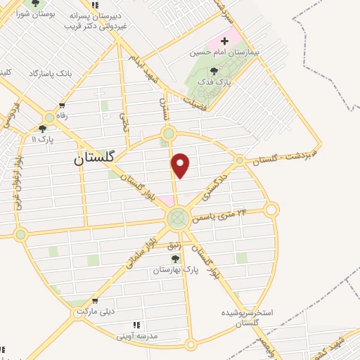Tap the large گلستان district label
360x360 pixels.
coord(97,159)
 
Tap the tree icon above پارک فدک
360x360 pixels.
coord(214,70)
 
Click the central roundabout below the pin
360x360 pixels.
coord(177,218)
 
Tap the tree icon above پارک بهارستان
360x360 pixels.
coord(175,259)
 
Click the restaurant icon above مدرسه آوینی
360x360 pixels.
coord(136,325)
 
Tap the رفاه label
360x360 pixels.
coord(63,117)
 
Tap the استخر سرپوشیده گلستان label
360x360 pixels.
coord(247,317)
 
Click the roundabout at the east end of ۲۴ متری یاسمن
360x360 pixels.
coord(271,209)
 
